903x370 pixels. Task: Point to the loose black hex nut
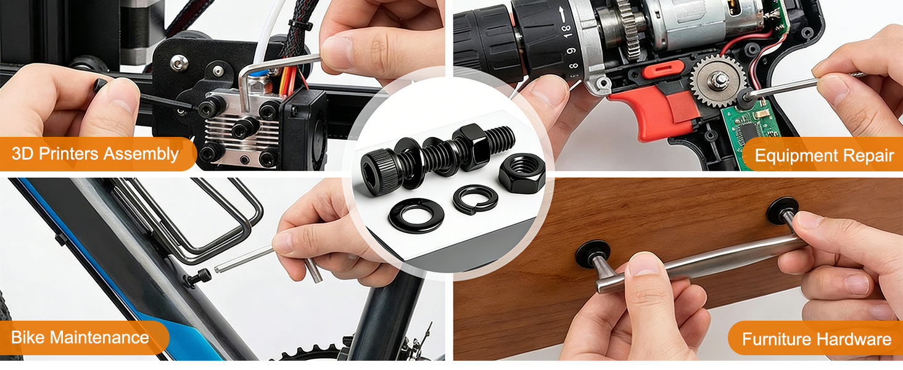(x=522, y=173)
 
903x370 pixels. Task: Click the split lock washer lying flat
(x=476, y=199)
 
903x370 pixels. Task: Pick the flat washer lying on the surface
(x=416, y=215)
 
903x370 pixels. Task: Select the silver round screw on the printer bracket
(x=179, y=63)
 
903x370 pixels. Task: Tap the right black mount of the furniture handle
(x=782, y=210)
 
